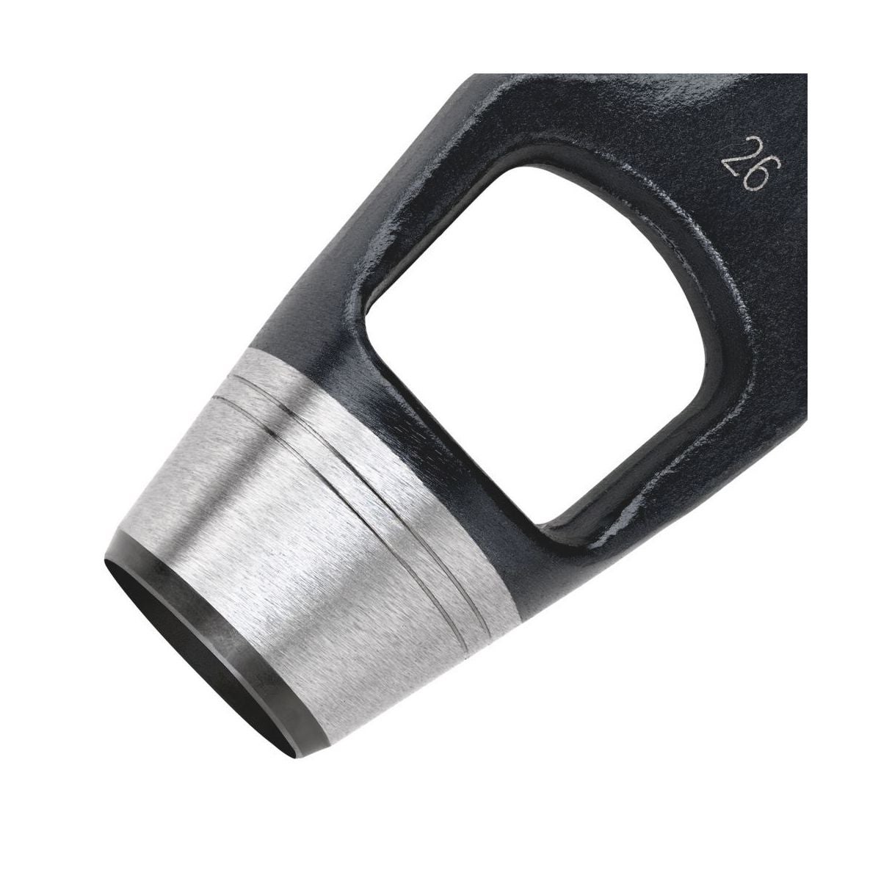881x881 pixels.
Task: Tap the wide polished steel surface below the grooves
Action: click(x=283, y=567)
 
